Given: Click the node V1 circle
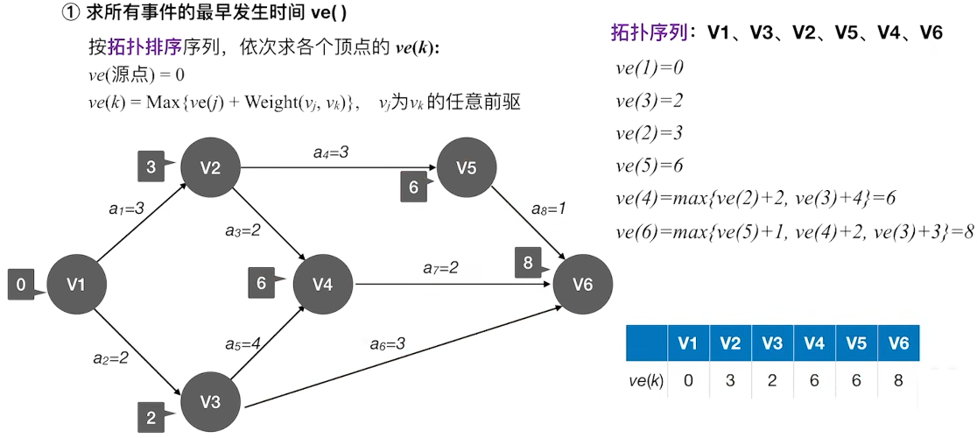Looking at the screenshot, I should (77, 283).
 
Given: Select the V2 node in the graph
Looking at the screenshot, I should (210, 168).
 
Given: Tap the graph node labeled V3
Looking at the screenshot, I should (210, 402).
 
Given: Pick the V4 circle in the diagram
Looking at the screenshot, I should (322, 284).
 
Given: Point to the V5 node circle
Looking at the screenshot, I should (467, 168).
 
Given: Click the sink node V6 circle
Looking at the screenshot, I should (583, 284).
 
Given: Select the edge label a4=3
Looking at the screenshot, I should (331, 152).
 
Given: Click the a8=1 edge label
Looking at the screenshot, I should (550, 209).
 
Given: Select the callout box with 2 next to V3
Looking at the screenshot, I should (151, 417).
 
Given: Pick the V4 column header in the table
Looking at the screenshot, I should (813, 343).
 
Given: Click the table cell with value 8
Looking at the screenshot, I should (898, 380).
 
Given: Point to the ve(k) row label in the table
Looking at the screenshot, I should (646, 380).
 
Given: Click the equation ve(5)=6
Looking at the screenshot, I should (649, 166).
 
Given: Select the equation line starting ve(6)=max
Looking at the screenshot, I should (795, 231).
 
